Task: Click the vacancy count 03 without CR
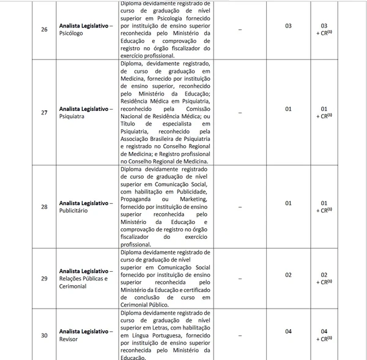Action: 289,26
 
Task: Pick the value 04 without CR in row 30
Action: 289,331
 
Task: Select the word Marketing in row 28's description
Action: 195,200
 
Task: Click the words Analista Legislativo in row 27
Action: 83,108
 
